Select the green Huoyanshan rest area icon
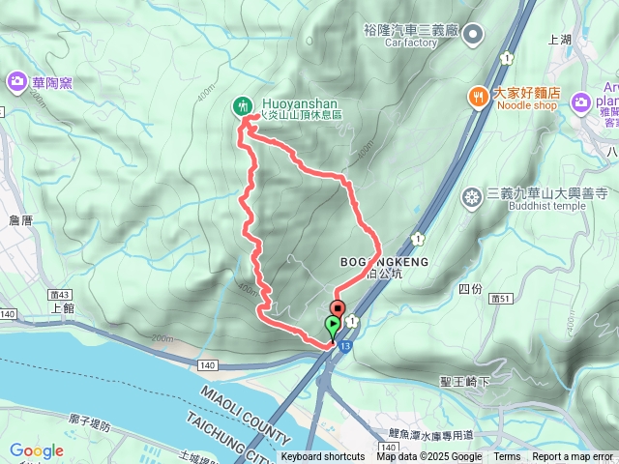tap(242, 105)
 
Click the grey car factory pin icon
tap(473, 36)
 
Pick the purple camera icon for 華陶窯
tap(16, 82)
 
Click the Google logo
tap(36, 450)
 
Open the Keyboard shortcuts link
tap(323, 457)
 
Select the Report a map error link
tap(573, 457)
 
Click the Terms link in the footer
tap(507, 457)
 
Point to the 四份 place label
tap(469, 289)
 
